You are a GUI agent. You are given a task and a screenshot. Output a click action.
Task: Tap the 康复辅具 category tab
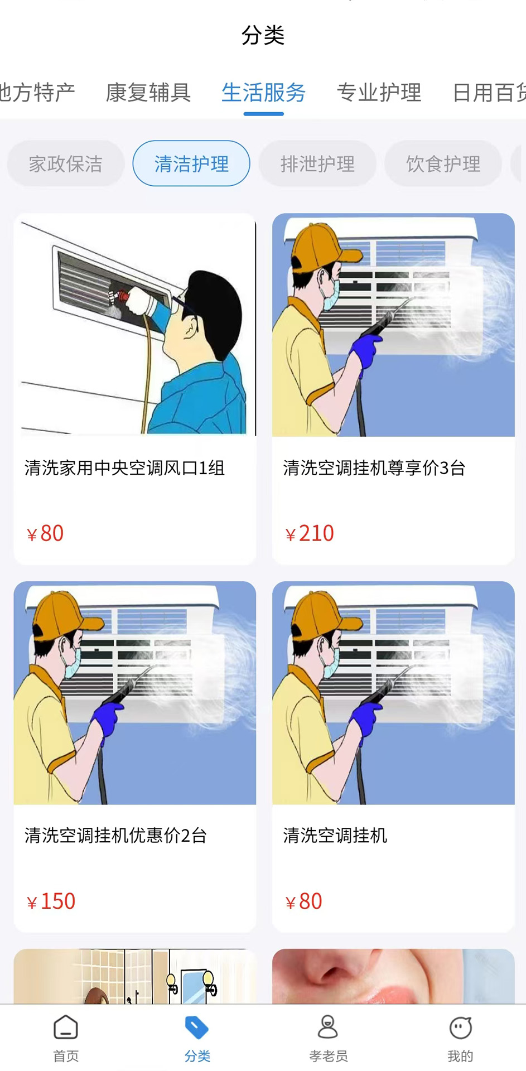pos(148,93)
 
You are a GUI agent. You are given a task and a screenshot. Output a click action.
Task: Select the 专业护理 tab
pos(379,93)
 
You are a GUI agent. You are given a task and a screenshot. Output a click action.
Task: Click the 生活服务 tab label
pos(263,93)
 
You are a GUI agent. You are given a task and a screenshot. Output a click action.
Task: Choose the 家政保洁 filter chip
pos(66,164)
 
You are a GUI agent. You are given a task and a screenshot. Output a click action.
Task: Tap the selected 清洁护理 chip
pos(191,164)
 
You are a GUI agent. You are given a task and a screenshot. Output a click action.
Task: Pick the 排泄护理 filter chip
pos(317,164)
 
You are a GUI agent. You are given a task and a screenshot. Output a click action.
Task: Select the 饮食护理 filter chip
pos(443,164)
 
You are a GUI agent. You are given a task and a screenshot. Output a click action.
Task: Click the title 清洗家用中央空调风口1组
pos(124,468)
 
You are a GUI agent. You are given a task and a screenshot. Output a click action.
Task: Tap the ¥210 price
pos(310,534)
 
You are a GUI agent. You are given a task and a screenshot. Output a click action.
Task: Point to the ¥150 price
pos(51,901)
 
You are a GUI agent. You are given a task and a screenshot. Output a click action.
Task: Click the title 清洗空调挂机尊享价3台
pos(374,468)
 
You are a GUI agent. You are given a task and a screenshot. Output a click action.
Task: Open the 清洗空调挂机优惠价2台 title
pos(115,836)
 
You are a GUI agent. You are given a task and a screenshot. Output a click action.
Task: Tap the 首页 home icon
pos(66,1027)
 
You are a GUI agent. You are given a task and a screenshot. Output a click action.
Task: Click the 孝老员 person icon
pos(328,1027)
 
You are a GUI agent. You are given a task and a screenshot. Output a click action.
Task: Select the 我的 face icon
pos(460,1027)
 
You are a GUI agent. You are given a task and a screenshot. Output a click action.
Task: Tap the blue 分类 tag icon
pos(197,1027)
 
